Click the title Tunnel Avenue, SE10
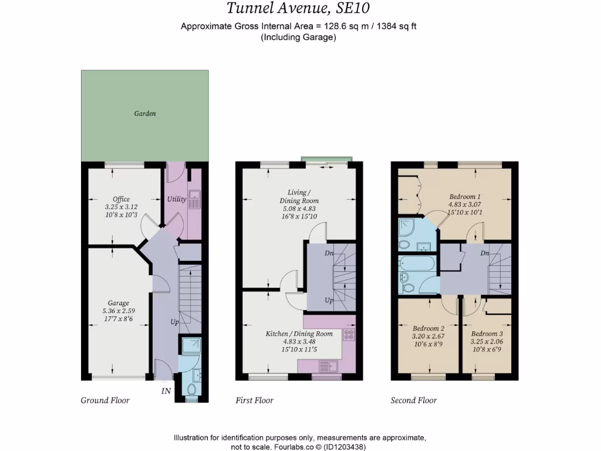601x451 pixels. point(299,9)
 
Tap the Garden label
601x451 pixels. point(144,113)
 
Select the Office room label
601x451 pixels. point(121,199)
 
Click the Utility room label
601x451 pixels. point(177,199)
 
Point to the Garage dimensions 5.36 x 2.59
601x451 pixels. point(119,311)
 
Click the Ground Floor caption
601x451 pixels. point(105,400)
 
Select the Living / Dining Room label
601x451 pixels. point(303,197)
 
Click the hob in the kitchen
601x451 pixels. point(349,335)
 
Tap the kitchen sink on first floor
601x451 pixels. point(325,366)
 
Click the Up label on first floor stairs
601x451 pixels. point(330,301)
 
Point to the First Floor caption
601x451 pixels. point(255,400)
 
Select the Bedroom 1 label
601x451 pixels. point(465,197)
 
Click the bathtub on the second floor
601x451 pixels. point(416,265)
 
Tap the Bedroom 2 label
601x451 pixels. point(428,328)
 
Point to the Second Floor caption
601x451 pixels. point(414,400)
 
